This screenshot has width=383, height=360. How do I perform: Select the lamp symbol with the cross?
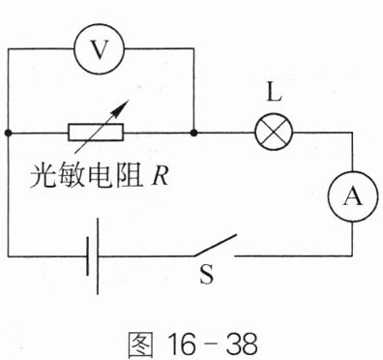[274, 133]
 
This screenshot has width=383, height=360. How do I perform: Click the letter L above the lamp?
[275, 93]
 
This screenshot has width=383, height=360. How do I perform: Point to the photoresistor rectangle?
[96, 133]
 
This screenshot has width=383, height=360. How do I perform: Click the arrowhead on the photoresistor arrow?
[121, 108]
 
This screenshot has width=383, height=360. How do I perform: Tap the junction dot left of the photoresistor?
[9, 133]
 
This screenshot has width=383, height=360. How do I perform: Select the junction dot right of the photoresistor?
[193, 133]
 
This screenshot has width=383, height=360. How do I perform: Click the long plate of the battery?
[98, 256]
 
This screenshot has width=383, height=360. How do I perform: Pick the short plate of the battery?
[88, 256]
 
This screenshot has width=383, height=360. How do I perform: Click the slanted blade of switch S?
[216, 245]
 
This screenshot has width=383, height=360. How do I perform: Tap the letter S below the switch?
[207, 274]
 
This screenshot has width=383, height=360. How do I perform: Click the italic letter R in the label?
[160, 176]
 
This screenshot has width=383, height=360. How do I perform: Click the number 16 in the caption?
[182, 344]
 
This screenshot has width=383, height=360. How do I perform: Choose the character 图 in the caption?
[140, 344]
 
